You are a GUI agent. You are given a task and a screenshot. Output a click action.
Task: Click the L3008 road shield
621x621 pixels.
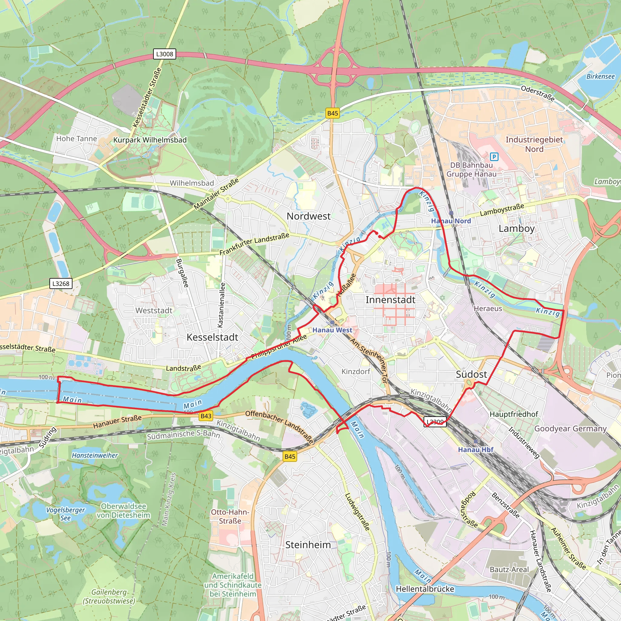[165, 54]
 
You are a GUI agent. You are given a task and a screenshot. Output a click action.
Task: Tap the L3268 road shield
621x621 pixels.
[61, 284]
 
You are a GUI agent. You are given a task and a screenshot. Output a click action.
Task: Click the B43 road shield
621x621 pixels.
[206, 416]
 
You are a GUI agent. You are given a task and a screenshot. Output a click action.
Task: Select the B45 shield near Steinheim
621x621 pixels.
[290, 456]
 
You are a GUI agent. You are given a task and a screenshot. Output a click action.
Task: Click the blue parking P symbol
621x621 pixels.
[494, 157]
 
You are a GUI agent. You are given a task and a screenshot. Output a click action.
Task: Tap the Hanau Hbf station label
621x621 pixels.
[475, 450]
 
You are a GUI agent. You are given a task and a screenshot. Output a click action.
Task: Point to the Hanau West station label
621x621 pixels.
[332, 330]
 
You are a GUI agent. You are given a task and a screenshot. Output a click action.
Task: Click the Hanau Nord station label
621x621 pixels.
[451, 221]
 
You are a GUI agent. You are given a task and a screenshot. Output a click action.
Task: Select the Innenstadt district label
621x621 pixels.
[390, 300]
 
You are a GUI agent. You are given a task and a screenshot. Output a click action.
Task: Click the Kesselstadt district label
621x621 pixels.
[212, 337]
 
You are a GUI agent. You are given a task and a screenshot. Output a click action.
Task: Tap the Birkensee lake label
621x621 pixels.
[600, 76]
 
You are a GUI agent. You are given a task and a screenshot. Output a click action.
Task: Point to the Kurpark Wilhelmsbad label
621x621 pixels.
[150, 140]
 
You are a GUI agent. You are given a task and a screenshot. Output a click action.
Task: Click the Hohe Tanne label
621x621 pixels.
[76, 139]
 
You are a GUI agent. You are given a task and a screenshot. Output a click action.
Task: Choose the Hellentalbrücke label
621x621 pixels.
[425, 589]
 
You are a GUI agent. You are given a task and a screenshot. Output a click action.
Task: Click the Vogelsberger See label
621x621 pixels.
[65, 514]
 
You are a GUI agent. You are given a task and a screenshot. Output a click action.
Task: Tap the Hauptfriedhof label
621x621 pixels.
[514, 414]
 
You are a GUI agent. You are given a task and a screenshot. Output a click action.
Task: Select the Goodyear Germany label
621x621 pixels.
[570, 429]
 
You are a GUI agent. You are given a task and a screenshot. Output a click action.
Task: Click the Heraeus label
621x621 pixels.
[488, 309]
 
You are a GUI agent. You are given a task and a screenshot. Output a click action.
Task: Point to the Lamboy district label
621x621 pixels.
[516, 229]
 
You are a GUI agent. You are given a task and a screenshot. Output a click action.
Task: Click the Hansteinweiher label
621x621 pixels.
[95, 455]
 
